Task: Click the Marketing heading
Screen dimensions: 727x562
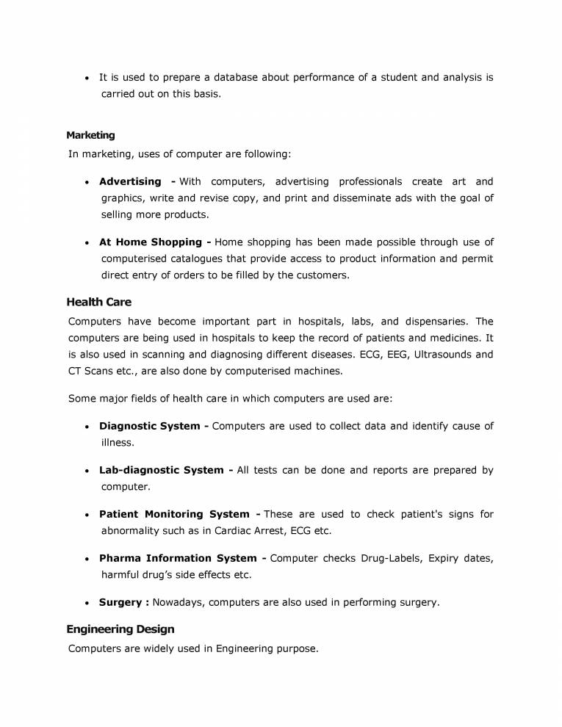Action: pyautogui.click(x=90, y=135)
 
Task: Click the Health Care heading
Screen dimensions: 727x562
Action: pyautogui.click(x=98, y=302)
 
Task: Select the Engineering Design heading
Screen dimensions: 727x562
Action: pyautogui.click(x=120, y=629)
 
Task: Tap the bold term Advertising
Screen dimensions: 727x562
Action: pyautogui.click(x=130, y=181)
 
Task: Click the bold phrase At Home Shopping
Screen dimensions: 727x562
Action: pyautogui.click(x=151, y=242)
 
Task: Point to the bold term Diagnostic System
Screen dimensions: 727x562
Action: pyautogui.click(x=149, y=426)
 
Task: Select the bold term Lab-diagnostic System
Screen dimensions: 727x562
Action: pyautogui.click(x=161, y=470)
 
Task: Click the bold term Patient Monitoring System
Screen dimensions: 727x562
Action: pyautogui.click(x=174, y=514)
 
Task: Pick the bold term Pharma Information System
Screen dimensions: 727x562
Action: pyautogui.click(x=178, y=558)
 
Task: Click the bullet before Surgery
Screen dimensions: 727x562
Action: pyautogui.click(x=87, y=603)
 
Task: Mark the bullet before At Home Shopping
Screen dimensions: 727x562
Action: pyautogui.click(x=87, y=242)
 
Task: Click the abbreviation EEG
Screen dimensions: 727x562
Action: pyautogui.click(x=400, y=354)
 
